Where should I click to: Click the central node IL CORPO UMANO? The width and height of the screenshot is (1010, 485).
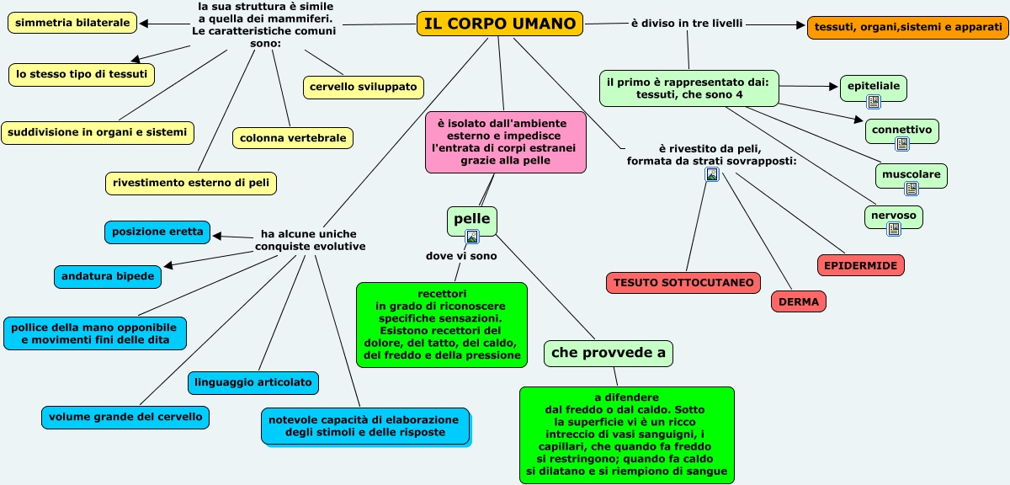click(x=500, y=24)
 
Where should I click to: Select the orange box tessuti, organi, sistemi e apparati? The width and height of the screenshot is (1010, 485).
click(x=907, y=28)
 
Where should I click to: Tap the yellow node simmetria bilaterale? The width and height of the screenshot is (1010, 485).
click(x=73, y=23)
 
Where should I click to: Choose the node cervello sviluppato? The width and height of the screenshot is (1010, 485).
click(x=364, y=87)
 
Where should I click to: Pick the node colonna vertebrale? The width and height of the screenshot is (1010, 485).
click(x=293, y=137)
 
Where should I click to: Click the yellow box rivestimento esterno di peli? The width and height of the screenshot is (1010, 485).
click(x=192, y=182)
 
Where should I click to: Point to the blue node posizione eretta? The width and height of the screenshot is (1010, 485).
click(x=157, y=232)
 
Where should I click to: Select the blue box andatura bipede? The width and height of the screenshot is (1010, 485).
click(x=108, y=275)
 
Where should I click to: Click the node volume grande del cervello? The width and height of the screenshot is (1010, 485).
click(x=125, y=416)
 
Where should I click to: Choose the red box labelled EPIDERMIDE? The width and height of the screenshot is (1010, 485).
click(x=861, y=265)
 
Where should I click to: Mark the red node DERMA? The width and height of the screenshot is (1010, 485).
click(x=799, y=301)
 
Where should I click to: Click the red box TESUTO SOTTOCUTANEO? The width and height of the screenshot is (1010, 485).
click(x=683, y=283)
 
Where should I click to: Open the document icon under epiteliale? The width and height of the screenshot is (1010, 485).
click(x=874, y=102)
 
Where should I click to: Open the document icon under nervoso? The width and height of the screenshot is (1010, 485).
click(x=894, y=228)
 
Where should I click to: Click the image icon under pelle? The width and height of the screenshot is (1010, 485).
click(x=472, y=237)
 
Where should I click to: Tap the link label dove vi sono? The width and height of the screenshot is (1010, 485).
click(x=461, y=256)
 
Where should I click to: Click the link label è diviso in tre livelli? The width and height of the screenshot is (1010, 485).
click(x=687, y=23)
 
